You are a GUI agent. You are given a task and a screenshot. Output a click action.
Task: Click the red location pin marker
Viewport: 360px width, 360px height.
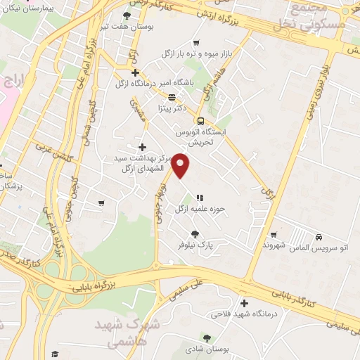(x=181, y=166)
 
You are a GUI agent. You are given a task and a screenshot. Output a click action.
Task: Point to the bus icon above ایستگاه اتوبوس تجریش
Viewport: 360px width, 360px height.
(x=201, y=120)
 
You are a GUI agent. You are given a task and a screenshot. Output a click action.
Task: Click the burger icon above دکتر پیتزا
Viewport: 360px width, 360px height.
(x=172, y=97)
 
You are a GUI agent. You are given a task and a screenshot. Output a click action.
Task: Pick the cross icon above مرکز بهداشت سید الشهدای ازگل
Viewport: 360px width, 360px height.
(x=143, y=147)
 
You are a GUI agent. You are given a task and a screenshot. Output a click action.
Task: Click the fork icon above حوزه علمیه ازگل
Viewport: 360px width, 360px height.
(x=200, y=198)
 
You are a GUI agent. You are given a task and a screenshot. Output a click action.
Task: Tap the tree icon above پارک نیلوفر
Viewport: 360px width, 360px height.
(x=195, y=234)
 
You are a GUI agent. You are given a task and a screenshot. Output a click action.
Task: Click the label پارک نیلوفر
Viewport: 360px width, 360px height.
(x=195, y=245)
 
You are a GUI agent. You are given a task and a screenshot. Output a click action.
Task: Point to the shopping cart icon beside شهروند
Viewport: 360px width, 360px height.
(x=274, y=235)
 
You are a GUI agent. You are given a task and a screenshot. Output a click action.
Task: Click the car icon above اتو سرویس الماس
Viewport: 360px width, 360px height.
(x=319, y=237)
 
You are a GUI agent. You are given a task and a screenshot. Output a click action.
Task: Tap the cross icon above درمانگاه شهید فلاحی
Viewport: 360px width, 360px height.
(x=244, y=304)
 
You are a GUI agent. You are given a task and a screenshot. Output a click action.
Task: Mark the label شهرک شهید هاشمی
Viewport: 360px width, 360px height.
(x=131, y=334)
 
